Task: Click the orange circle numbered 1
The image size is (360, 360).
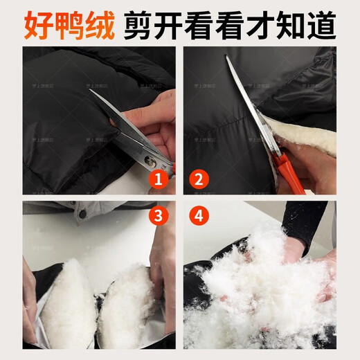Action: [x=159, y=180]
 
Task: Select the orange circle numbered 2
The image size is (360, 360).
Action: [x=200, y=180]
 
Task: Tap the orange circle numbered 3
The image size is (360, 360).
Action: [x=159, y=216]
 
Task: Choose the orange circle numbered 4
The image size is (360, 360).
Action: [x=200, y=216]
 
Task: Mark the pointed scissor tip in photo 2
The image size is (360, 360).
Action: [x=226, y=58]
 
